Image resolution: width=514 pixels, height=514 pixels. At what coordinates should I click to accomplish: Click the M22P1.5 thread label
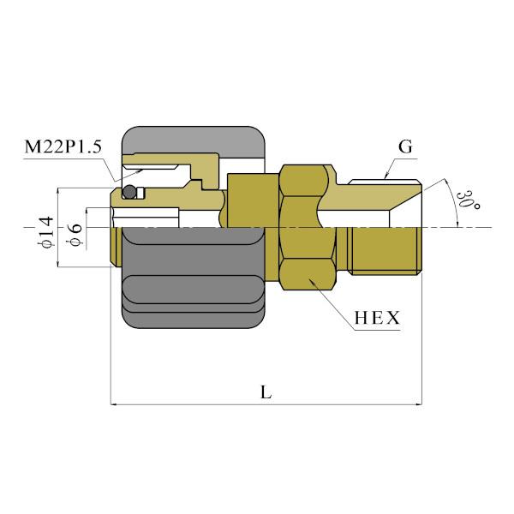[62, 147]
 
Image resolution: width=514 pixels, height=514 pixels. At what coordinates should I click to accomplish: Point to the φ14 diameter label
[47, 232]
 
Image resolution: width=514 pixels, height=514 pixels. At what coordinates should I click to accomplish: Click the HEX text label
[377, 319]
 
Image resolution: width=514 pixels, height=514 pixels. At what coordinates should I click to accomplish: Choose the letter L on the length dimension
[266, 392]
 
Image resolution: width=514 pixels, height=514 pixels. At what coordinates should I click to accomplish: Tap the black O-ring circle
[128, 192]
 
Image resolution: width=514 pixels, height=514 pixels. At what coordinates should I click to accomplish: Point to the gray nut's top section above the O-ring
[194, 139]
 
